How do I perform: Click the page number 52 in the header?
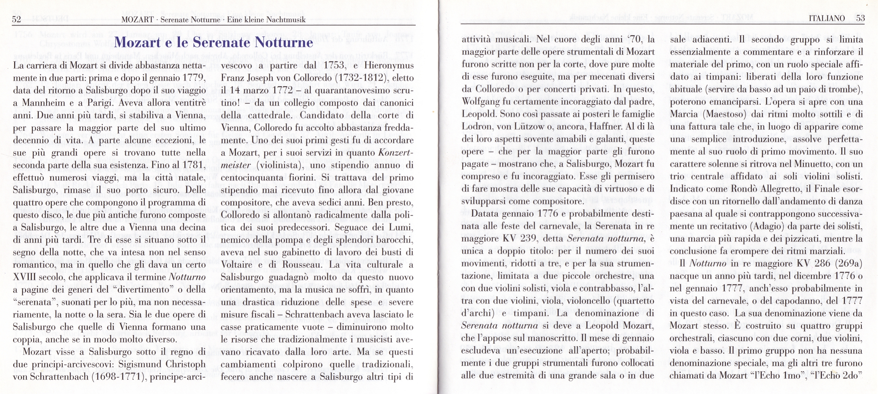(16, 19)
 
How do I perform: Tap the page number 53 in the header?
(860, 18)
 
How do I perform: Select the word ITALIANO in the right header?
(826, 18)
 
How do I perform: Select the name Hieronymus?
(389, 65)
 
